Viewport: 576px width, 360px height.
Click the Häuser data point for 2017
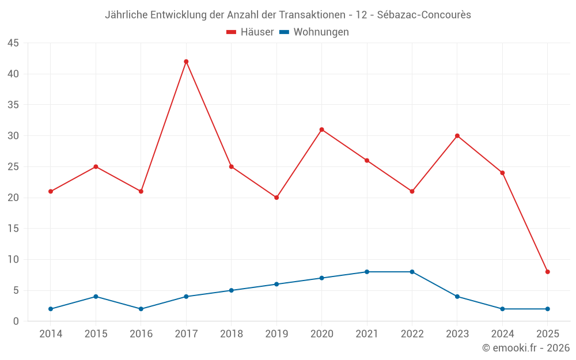pos(186,62)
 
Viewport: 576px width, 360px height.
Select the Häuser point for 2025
pos(547,272)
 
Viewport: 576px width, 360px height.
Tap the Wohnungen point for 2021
pos(367,272)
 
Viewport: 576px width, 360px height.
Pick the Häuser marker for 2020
pos(321,130)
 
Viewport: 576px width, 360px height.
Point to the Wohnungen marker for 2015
pos(96,297)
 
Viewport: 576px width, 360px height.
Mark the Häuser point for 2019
pos(276,198)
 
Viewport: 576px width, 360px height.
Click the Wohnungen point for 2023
pos(457,297)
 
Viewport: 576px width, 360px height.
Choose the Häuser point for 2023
pos(457,136)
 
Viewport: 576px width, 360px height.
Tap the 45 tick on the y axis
pos(13,43)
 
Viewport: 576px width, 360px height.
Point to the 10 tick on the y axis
pos(13,260)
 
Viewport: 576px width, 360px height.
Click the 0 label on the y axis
pos(16,321)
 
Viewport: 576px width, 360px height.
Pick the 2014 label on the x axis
pos(51,334)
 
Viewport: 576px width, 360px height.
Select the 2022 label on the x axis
pos(412,334)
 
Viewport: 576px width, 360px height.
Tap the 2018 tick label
pos(231,334)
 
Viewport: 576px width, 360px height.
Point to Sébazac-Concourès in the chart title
pos(424,15)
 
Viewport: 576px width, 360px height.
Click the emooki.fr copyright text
pos(526,348)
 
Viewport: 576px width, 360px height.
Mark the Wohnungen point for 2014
pos(51,309)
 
